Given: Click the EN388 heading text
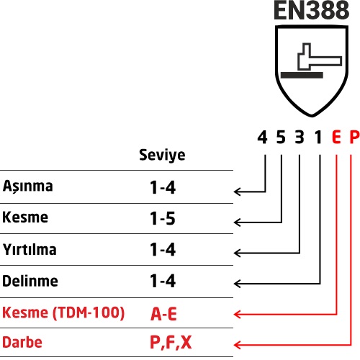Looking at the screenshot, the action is coord(311,10).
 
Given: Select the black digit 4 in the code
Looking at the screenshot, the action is coord(262,138).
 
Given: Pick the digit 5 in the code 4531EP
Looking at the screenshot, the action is coord(281,138).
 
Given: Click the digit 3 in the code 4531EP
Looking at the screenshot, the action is coord(300,138).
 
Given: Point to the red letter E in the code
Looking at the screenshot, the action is coord(336,138).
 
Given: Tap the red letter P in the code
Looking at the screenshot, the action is coord(354,138).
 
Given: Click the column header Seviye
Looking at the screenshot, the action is coord(162,155).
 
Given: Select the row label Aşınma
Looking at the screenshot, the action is coord(27,186).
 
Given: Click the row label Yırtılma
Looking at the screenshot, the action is coord(30,249).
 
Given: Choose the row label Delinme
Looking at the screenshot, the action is coord(30,281).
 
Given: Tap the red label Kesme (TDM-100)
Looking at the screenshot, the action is coord(63,312).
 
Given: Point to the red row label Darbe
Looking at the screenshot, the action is coord(22,342).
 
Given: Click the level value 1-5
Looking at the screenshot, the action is coord(163,218).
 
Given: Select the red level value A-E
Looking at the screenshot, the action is coord(163,314).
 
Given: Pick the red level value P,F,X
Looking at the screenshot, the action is coord(171,343).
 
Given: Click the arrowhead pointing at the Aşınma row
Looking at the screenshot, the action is coord(237,192).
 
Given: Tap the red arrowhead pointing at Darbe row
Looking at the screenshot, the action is coord(237,345).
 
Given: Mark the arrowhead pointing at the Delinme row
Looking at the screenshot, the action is coord(237,284).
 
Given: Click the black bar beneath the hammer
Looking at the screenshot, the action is coord(302,75).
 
